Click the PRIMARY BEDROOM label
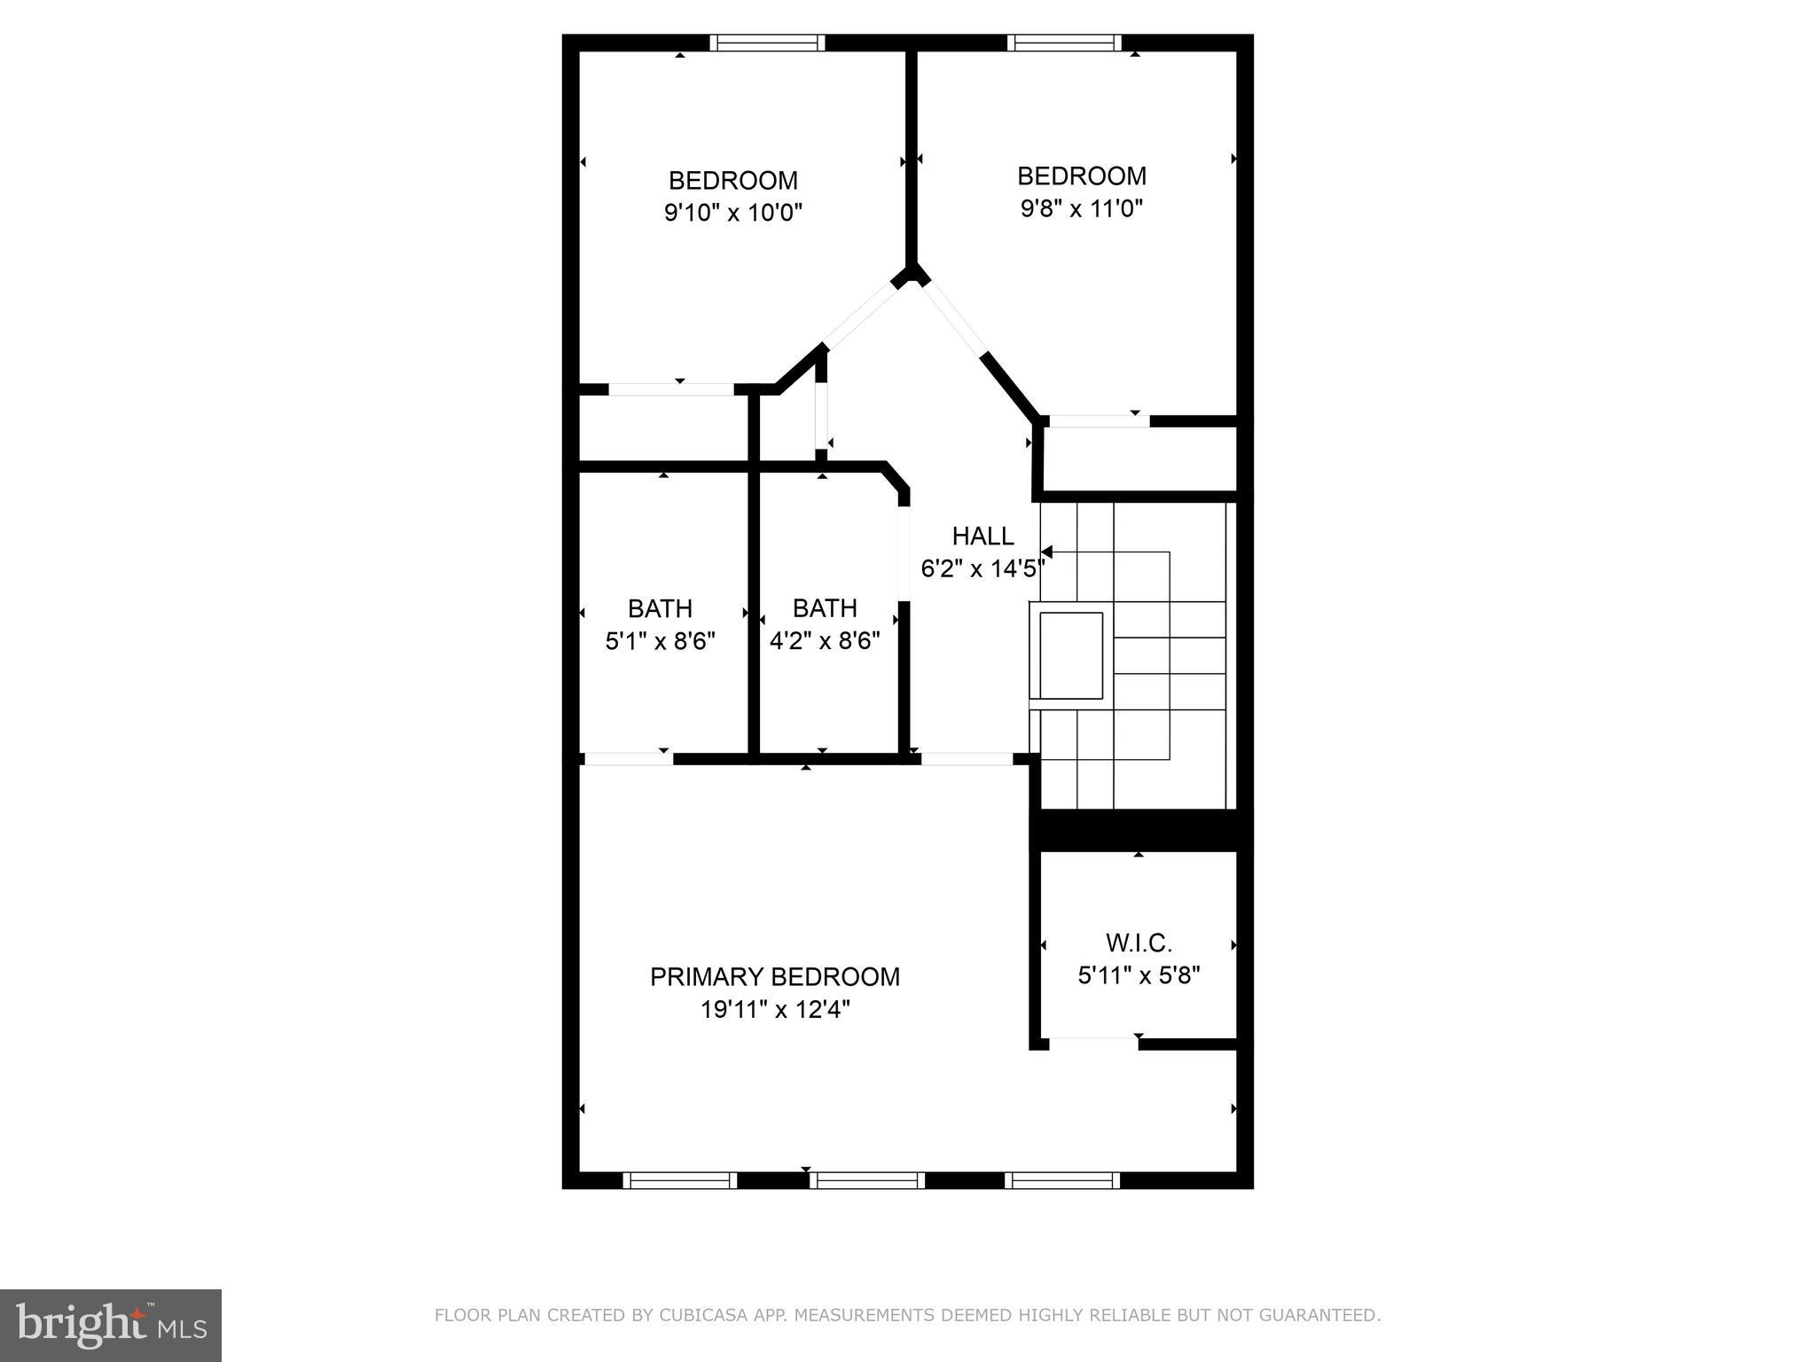pos(774,976)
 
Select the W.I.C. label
pos(1139,943)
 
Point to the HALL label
pos(982,536)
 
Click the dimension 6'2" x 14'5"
pos(982,568)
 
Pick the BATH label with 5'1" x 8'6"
pos(660,608)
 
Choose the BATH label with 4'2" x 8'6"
pos(825,607)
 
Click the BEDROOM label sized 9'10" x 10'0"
pos(732,180)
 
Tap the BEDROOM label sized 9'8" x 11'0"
pos(1081,176)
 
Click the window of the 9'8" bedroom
pos(1064,43)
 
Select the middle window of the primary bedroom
pos(866,1180)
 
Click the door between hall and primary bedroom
pos(967,759)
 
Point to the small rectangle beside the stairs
pos(1071,654)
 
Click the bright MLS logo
pos(110,1325)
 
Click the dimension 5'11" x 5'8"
pos(1139,975)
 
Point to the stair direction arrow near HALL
pos(1047,552)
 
